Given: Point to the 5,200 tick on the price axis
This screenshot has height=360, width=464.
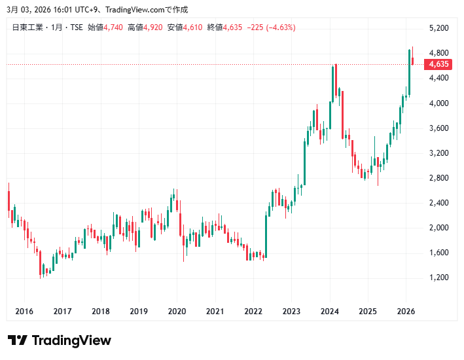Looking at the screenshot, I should point(438,28).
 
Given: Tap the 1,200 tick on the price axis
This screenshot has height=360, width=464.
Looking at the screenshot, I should point(438,278).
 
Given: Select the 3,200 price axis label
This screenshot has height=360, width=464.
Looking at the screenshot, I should point(438,153).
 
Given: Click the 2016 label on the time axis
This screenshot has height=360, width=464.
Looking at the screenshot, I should point(24,311).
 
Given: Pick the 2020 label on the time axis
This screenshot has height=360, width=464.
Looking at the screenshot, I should point(177,311).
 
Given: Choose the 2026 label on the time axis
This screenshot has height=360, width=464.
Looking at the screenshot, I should point(406,311).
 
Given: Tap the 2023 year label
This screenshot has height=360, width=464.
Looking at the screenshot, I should point(291,311).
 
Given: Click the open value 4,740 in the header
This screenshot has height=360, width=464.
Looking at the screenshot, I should point(114,27).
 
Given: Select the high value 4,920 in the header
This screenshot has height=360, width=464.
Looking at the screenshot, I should point(153,27).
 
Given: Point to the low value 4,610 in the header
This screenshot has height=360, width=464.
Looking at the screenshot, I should point(193,27).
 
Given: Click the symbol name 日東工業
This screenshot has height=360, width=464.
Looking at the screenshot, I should point(27,27).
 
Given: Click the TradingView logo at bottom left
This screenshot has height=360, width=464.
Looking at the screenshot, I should point(60,340).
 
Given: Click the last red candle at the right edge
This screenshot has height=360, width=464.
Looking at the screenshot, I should point(412,61).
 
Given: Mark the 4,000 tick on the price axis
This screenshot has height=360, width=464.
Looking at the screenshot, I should point(438,103).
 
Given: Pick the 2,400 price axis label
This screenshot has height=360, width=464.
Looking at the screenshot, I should point(438,203).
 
